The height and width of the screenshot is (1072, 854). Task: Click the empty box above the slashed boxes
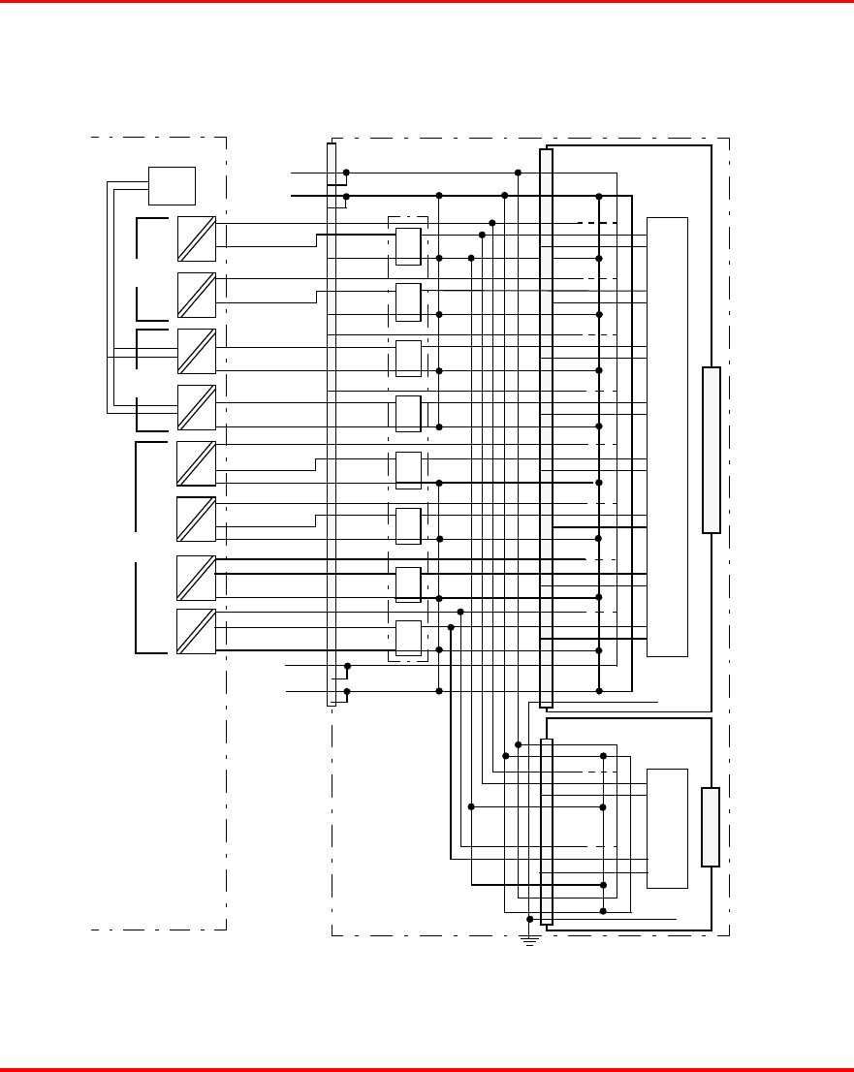pos(172,185)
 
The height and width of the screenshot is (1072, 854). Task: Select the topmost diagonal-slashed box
pos(197,239)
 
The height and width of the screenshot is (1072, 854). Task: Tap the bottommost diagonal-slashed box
pos(196,631)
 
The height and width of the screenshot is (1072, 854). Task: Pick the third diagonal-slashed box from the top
pos(197,352)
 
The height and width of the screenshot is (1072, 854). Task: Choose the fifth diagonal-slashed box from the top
pos(196,463)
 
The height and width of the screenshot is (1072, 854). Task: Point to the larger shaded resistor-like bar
pos(712,450)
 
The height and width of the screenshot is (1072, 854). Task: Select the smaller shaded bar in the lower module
pos(711,827)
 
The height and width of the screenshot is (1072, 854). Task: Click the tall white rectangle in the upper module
pos(667,436)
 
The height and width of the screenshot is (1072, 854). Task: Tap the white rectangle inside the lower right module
pos(667,828)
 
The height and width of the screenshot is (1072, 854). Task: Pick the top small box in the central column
pos(408,246)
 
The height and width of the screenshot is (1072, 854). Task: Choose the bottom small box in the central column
pos(408,639)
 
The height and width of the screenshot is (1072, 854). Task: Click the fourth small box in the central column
pos(408,414)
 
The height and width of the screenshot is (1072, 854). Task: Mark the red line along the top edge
pos(427,2)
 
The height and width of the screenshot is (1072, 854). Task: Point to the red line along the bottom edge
pos(427,1069)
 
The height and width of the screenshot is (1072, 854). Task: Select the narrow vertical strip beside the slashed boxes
pos(332,425)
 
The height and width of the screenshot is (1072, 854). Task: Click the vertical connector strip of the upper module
pos(546,428)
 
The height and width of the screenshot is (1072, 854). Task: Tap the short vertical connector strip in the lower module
pos(546,832)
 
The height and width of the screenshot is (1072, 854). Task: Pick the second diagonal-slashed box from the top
pos(197,295)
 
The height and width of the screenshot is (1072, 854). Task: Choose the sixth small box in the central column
pos(408,526)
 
